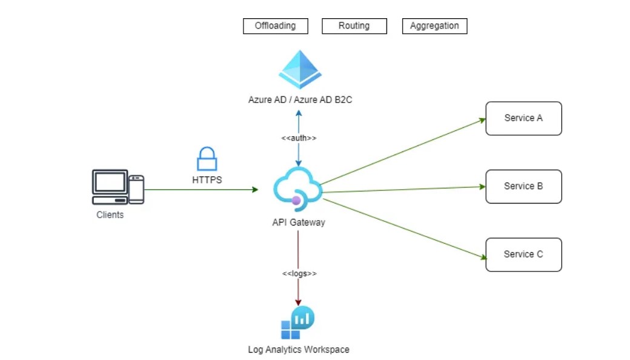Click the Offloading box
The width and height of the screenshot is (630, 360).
coord(275,26)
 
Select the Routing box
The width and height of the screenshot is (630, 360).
coord(354,26)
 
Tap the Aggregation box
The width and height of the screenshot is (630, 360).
coord(434,26)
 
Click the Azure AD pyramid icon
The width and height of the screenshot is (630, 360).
coord(299,70)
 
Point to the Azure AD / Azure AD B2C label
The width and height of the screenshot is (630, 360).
coord(300,100)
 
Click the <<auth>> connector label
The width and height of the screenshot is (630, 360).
coord(299,138)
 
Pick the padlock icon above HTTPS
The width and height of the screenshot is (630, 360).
coord(207,159)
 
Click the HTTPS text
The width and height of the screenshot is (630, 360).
coord(207,180)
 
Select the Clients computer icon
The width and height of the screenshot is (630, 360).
coord(118,187)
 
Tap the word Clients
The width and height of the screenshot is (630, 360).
coord(110,215)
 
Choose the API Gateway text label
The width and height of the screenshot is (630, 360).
coord(299,222)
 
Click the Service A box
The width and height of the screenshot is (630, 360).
coord(523,118)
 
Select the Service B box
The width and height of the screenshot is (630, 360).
coord(523,186)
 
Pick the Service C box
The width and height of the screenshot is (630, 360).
coord(523,255)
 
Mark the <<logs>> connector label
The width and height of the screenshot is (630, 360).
coord(299,274)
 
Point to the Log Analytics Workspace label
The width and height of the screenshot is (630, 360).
coord(299,350)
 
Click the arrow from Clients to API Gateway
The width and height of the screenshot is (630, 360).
coord(200,190)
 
